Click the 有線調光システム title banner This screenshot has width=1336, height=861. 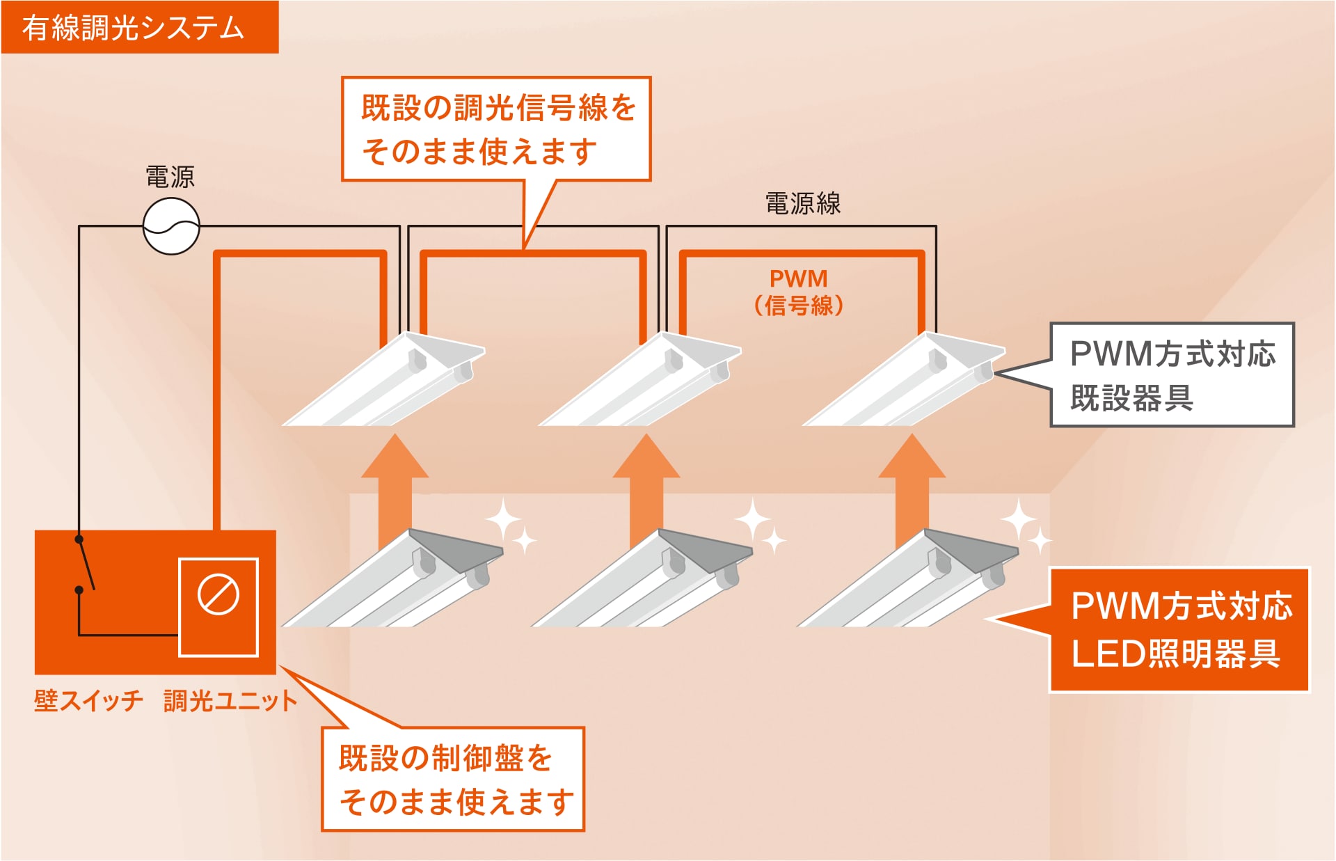tap(139, 27)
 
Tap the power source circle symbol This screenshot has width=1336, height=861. tap(171, 226)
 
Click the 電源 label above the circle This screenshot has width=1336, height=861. tap(170, 177)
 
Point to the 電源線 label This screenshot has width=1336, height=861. tap(803, 203)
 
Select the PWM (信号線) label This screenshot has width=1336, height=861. tap(799, 292)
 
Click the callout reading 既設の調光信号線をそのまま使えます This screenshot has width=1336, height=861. tap(496, 129)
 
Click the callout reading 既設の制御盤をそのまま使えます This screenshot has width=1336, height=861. tap(453, 779)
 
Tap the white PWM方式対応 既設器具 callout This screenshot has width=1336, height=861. tap(1172, 374)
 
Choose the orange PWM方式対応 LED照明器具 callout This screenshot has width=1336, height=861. tap(1179, 630)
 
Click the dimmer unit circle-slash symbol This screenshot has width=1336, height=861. tap(218, 594)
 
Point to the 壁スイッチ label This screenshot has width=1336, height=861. tap(88, 700)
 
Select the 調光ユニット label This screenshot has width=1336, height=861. tap(230, 700)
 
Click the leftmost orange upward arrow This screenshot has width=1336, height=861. tap(395, 487)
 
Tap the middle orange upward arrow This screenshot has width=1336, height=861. tap(646, 487)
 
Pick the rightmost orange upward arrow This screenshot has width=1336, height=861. tap(912, 487)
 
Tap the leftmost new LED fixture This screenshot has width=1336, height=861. tap(393, 581)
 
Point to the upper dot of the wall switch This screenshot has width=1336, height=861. tap(79, 539)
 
